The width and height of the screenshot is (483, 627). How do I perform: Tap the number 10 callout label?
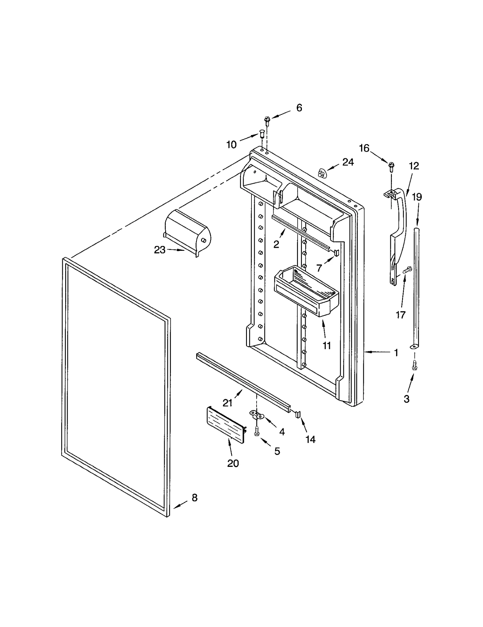232,145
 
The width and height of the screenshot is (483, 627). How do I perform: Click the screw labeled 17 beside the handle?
408,269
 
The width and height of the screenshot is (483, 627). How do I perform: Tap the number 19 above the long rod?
417,197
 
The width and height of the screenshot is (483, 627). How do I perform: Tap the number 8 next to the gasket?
194,497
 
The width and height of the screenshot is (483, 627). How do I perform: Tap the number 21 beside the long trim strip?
227,403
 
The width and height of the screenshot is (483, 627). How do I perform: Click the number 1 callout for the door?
396,353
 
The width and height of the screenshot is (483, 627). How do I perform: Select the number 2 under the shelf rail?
276,244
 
